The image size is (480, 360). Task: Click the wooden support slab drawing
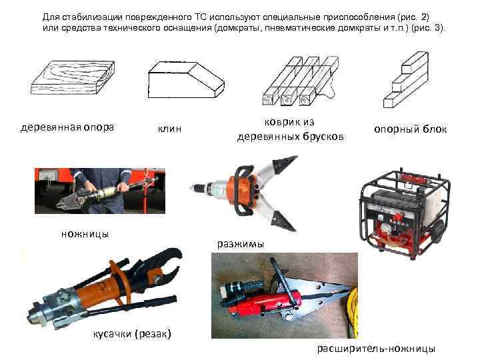73,77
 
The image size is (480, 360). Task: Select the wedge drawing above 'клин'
186,80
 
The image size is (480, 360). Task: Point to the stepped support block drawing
406,80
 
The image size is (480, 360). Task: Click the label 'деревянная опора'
67,127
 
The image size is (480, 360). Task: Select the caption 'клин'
169,129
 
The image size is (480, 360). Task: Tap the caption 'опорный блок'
411,129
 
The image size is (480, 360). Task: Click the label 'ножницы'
85,234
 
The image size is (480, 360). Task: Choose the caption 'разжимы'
241,244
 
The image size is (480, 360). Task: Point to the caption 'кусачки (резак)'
132,334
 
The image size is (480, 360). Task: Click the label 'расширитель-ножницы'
376,349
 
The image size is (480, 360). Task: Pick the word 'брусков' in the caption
323,137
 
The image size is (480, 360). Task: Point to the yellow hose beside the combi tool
353,312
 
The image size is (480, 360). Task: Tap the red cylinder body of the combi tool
263,303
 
